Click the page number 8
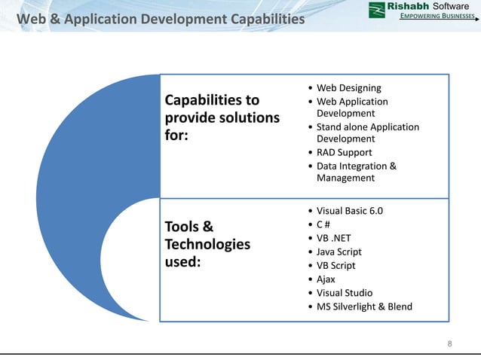[x=450, y=344]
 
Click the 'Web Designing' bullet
[x=348, y=88]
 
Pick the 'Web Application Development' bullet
[x=352, y=107]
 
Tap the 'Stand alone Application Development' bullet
[x=367, y=133]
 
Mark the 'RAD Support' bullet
[x=344, y=152]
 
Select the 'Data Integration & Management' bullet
[x=356, y=172]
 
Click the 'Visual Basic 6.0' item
[x=349, y=211]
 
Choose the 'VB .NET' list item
[x=333, y=238]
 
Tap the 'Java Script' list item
[x=339, y=252]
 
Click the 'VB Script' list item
[x=335, y=265]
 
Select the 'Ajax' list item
[x=326, y=279]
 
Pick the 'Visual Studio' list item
[x=344, y=292]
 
